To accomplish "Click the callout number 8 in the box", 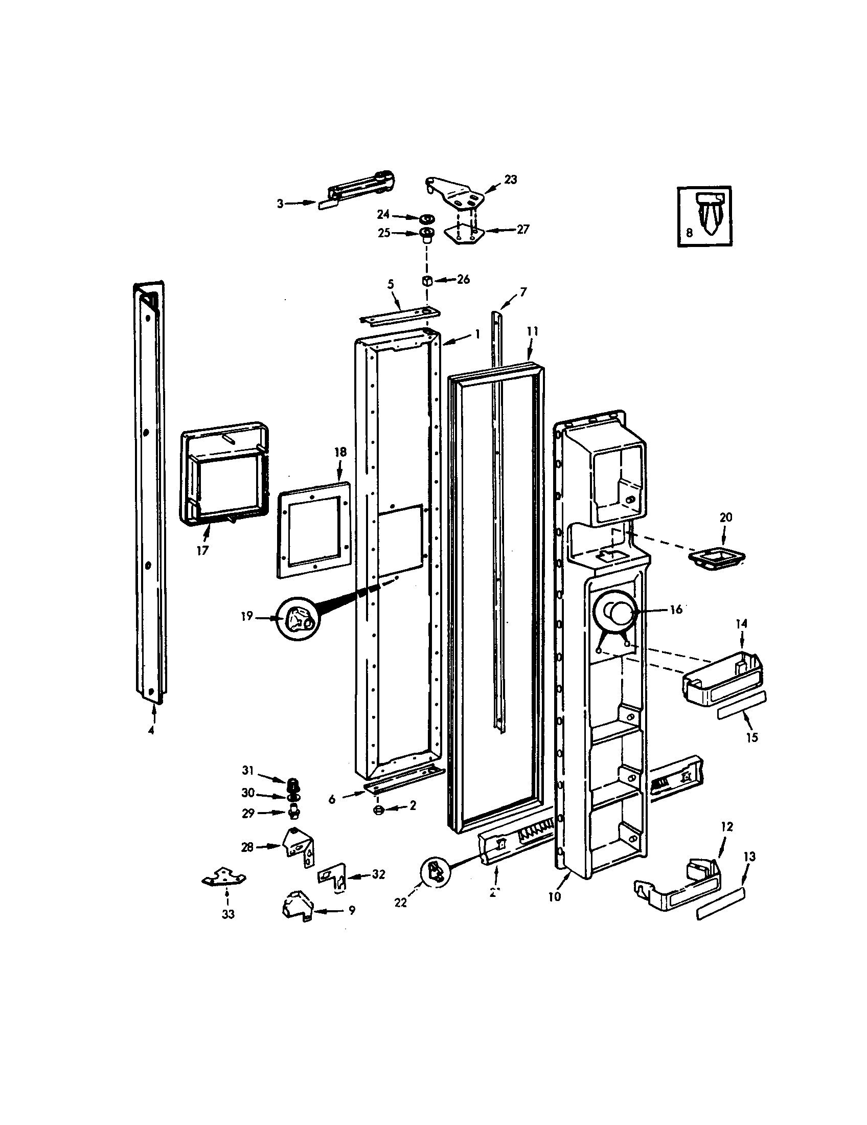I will coord(689,232).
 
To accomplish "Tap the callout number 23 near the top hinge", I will coord(510,180).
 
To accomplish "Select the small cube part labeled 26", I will coord(427,281).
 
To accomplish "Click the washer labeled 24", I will coord(425,218).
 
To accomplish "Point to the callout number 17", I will coord(202,551).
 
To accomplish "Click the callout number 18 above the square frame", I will coord(340,452).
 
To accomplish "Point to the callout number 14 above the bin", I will coord(741,624).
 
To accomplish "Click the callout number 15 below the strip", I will coord(751,737).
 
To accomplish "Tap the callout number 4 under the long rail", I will coord(150,730).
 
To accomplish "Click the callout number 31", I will coord(247,771).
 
